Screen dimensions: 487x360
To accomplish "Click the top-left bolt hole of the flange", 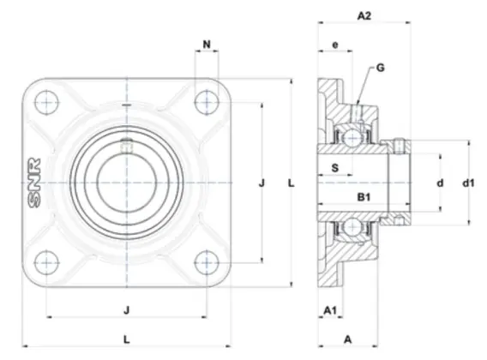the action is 46,102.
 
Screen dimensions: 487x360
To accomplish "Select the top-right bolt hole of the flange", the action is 207,102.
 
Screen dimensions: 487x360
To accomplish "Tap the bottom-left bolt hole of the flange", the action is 46,263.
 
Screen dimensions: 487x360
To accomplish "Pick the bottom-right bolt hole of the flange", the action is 207,263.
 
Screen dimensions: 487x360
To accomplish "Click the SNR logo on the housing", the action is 34,183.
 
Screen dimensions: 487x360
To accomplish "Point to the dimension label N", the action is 207,45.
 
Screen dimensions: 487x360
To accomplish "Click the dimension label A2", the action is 364,15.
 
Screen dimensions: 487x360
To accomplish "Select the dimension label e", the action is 335,45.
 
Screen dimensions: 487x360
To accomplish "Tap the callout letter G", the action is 380,68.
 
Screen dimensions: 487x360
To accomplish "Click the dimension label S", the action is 334,168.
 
